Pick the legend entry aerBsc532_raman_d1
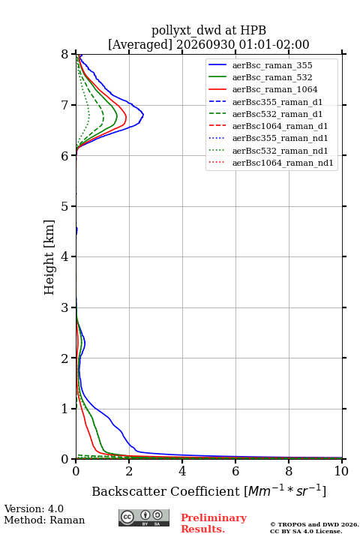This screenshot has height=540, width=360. click(x=265, y=114)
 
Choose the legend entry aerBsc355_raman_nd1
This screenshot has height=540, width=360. click(x=268, y=139)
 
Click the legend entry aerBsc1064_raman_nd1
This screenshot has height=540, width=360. click(x=271, y=163)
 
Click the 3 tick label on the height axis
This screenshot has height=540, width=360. click(x=65, y=307)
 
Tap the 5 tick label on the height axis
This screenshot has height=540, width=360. click(x=65, y=206)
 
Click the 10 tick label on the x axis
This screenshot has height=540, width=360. click(x=341, y=471)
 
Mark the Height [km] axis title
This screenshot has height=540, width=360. click(x=49, y=257)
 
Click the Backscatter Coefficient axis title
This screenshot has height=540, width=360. click(x=208, y=491)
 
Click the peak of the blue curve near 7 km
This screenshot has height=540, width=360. click(x=143, y=114)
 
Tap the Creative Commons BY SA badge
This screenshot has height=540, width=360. click(x=144, y=518)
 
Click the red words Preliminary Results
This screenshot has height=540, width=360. click(x=214, y=523)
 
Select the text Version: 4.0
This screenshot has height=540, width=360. click(x=34, y=508)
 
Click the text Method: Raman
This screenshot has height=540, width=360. click(x=44, y=520)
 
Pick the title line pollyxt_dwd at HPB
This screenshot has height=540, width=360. click(x=208, y=30)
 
